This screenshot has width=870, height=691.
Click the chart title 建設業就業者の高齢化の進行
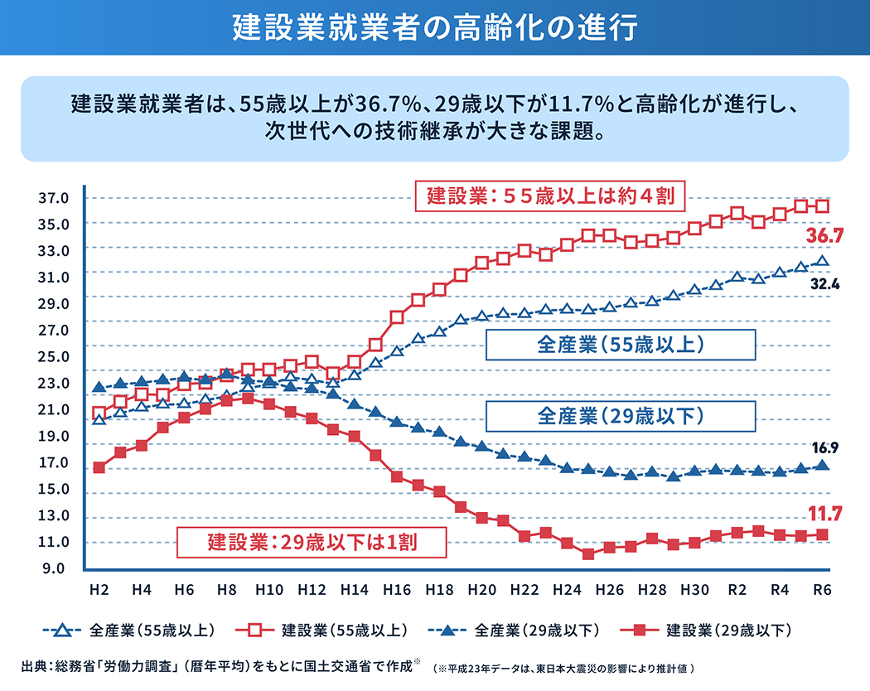point(434,27)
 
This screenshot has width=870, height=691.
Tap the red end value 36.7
point(824,236)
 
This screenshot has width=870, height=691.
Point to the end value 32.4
point(825,283)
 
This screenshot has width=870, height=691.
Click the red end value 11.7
point(825,515)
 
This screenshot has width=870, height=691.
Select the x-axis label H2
point(99,589)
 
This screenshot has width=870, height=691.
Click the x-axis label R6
point(822,589)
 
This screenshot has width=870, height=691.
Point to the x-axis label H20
point(481,589)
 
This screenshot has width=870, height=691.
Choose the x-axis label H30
point(694,589)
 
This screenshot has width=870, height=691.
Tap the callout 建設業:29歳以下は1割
point(312,544)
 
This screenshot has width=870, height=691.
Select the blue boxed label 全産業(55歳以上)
point(620,345)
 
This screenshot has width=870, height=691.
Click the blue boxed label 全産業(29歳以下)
point(620,416)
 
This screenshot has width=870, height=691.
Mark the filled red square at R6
point(822,534)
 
